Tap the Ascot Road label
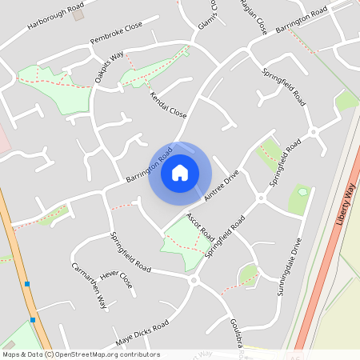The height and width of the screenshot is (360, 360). (x=200, y=228)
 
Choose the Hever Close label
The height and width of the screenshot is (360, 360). (x=116, y=279)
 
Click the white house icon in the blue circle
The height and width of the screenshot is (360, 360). (x=179, y=173)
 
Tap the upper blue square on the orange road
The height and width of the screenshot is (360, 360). (x=27, y=283)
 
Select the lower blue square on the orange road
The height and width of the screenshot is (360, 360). (x=33, y=319)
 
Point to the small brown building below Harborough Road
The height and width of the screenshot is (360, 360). (x=78, y=15)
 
